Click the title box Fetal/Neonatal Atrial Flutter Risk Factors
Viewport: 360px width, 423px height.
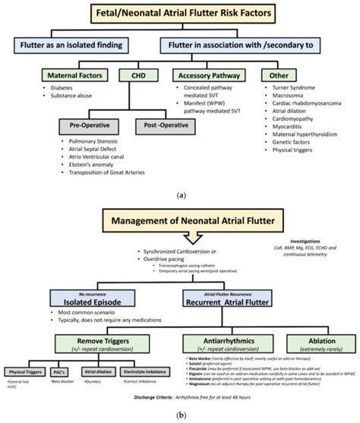(179, 13)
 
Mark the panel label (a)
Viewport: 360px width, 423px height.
(179, 194)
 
